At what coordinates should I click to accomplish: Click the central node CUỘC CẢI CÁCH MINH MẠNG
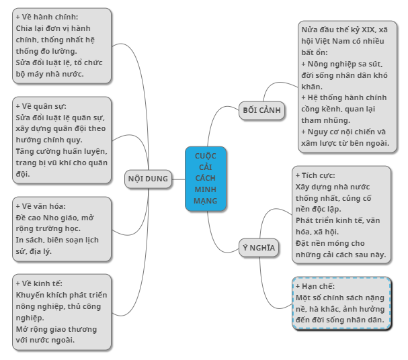pyautogui.click(x=206, y=179)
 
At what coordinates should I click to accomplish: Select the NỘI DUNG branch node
pyautogui.click(x=148, y=179)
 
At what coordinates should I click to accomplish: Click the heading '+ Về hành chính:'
pyautogui.click(x=47, y=17)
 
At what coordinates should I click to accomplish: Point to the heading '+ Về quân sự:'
pyautogui.click(x=42, y=105)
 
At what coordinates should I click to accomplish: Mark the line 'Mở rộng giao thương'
pyautogui.click(x=56, y=329)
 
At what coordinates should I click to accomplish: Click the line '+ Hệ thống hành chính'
pyautogui.click(x=343, y=97)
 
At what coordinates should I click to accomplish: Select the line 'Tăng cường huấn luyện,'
pyautogui.click(x=61, y=151)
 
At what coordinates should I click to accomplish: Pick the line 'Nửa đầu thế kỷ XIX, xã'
pyautogui.click(x=344, y=30)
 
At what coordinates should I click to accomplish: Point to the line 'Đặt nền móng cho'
pyautogui.click(x=330, y=243)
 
